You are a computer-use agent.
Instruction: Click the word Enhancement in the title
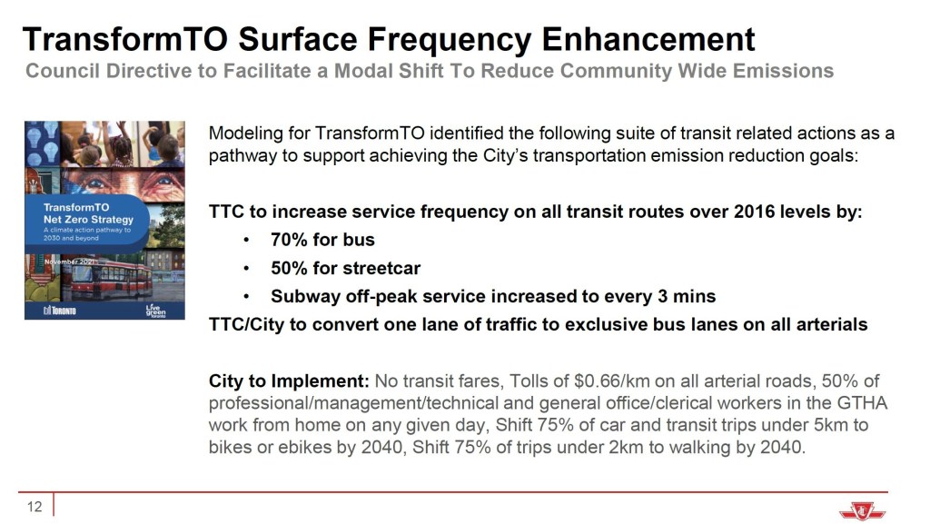click(648, 39)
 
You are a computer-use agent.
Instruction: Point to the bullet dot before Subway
click(246, 296)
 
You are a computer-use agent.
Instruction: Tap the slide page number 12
click(35, 506)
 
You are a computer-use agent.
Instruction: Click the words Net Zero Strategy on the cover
click(88, 220)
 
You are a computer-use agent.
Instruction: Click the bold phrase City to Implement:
click(290, 381)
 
